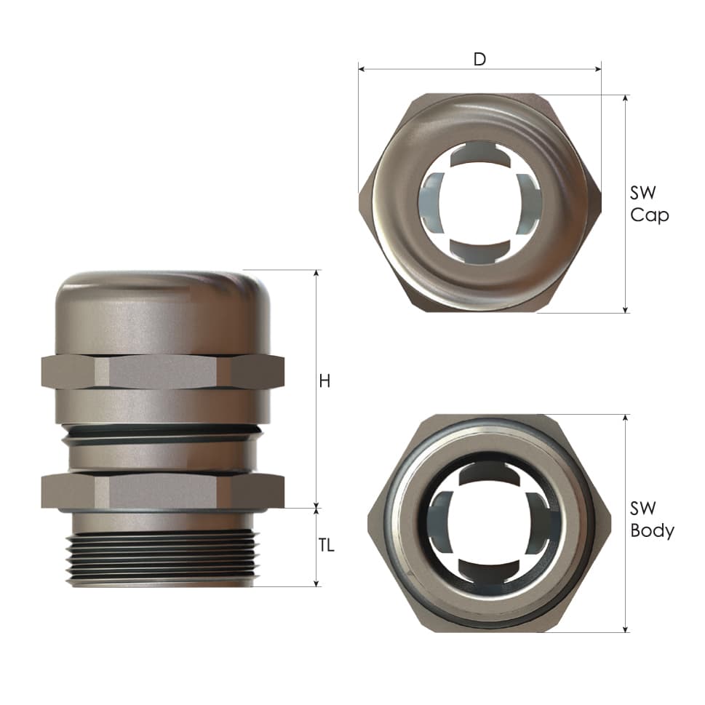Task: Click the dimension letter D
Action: [479, 59]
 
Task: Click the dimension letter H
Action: [324, 381]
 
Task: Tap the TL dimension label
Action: [327, 546]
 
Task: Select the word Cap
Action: [649, 215]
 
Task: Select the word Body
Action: [652, 531]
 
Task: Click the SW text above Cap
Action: [643, 193]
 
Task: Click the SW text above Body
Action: [643, 509]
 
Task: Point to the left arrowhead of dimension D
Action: [361, 69]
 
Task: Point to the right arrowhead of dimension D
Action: [598, 69]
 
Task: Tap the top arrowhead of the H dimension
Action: [316, 273]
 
